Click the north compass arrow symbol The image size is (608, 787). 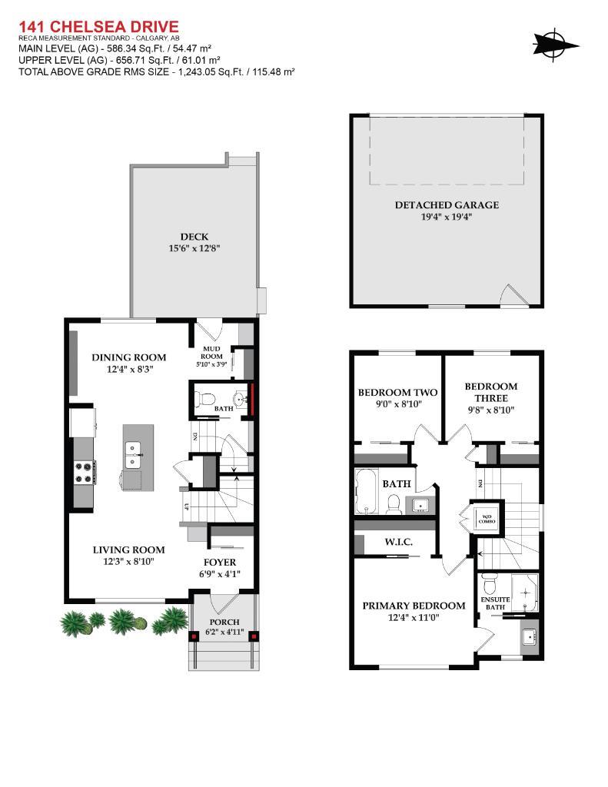[555, 43]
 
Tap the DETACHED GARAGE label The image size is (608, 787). [447, 204]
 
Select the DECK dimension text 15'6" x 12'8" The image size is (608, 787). [194, 248]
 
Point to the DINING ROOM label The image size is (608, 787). [129, 357]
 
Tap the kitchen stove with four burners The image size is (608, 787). [84, 471]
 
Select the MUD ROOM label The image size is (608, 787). [211, 353]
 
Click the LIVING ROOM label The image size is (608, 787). [129, 550]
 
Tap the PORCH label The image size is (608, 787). [224, 621]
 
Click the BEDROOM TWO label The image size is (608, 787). [397, 393]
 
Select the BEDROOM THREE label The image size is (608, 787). [490, 392]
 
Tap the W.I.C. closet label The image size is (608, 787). [398, 542]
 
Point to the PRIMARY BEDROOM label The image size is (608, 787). [414, 605]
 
